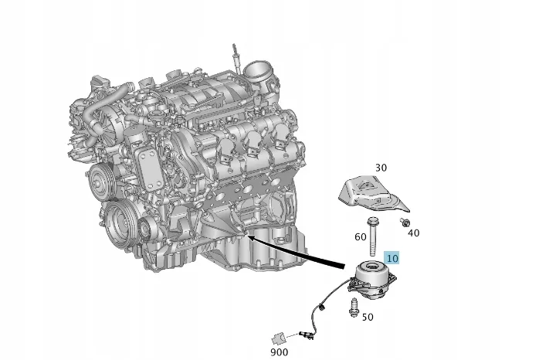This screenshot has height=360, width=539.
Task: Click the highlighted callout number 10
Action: (392, 258)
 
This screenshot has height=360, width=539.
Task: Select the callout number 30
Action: (381, 168)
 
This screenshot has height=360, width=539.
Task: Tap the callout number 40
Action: (413, 233)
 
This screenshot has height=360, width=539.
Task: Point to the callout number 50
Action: (368, 317)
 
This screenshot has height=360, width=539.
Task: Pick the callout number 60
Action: (361, 236)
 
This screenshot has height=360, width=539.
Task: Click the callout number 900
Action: (279, 352)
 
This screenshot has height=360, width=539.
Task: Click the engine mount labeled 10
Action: (375, 280)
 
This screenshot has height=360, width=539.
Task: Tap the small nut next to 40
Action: (404, 222)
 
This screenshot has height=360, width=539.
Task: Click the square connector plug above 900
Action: (279, 337)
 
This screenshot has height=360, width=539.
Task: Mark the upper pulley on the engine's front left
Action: (98, 182)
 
